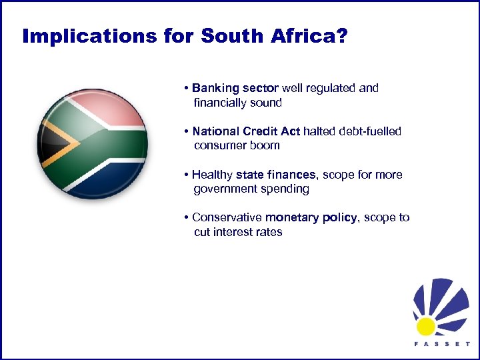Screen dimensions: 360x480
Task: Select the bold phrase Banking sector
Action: tap(235, 88)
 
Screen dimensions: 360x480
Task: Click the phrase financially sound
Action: tap(237, 103)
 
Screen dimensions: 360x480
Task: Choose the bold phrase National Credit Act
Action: tap(246, 131)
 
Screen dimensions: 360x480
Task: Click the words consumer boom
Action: tap(237, 145)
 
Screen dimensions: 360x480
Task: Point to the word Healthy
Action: tap(212, 175)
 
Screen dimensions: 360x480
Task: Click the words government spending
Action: tap(251, 189)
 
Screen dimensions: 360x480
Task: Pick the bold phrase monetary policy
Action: tap(311, 217)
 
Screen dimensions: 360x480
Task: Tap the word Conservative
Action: tap(227, 217)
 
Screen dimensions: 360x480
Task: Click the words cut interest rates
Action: tap(238, 232)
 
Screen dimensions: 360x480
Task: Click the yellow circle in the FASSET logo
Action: tap(425, 326)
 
